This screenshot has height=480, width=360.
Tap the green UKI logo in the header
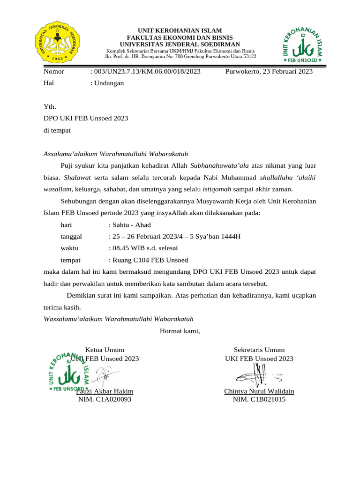click(302, 45)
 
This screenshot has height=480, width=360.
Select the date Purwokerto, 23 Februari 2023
click(269, 72)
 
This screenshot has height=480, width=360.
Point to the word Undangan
click(109, 83)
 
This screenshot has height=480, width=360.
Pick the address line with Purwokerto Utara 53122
click(180, 56)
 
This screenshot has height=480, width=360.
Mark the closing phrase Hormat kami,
click(180, 331)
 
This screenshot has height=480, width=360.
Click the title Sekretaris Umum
click(259, 350)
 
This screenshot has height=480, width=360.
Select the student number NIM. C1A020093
click(105, 399)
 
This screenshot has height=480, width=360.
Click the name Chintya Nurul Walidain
click(259, 391)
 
